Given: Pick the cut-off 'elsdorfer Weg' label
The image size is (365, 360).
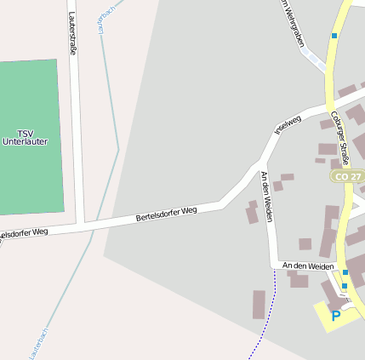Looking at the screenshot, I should tap(24, 232).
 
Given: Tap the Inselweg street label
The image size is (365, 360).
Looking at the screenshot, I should tap(288, 125).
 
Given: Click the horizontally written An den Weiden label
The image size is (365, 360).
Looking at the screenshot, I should tap(308, 266).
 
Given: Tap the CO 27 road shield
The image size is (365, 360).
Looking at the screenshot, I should tap(348, 176).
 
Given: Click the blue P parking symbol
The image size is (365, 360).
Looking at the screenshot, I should tap(335, 316).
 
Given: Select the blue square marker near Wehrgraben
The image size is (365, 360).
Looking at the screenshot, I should tap(334, 36).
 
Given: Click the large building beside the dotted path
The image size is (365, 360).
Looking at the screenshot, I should tap(259, 304).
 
